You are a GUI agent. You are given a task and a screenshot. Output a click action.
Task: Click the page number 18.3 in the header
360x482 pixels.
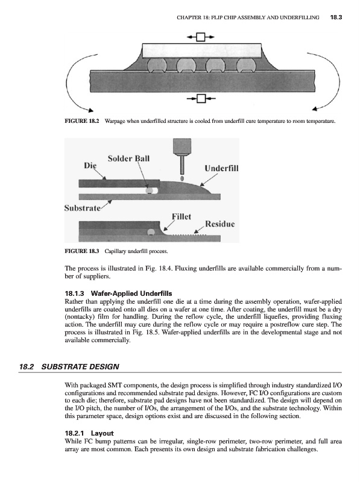click(336, 17)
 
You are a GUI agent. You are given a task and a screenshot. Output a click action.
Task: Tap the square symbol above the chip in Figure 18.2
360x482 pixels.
click(201, 37)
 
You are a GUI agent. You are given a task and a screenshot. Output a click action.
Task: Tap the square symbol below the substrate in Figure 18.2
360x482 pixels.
click(201, 98)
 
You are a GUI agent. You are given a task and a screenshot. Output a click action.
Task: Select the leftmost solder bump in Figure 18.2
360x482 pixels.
click(157, 65)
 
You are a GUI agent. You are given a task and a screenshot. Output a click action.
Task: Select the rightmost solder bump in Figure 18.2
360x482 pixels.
click(246, 65)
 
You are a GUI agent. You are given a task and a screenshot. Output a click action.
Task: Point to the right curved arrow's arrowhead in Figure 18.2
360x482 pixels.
click(315, 109)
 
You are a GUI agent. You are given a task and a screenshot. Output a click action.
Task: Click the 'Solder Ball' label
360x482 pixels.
click(128, 158)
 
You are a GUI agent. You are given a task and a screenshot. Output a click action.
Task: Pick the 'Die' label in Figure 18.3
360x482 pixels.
click(90, 165)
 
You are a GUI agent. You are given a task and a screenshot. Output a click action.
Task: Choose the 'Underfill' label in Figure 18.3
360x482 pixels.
click(221, 168)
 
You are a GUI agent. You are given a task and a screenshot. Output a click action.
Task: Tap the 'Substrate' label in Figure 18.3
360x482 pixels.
click(83, 208)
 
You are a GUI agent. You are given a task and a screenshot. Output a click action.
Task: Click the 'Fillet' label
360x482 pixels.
click(182, 216)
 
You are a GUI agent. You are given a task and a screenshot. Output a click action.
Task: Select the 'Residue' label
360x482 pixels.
click(220, 224)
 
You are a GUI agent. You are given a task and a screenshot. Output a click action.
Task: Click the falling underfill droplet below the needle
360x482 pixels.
click(182, 178)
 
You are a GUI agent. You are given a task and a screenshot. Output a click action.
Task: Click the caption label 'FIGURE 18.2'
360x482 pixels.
click(82, 121)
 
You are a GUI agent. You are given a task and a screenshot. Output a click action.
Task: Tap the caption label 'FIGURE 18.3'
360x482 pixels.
click(82, 251)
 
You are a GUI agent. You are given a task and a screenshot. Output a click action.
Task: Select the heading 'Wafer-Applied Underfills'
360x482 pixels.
click(131, 293)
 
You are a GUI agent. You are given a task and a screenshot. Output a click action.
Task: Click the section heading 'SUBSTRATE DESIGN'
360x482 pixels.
click(80, 366)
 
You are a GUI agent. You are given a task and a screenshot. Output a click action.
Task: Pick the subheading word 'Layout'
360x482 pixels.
click(102, 433)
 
